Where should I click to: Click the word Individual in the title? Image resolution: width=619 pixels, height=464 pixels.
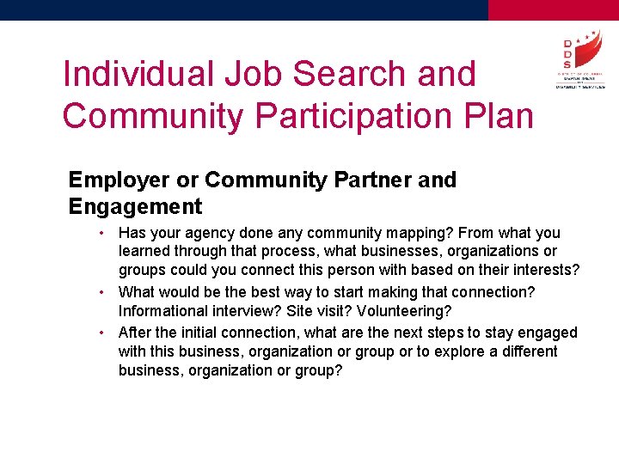pos(138,74)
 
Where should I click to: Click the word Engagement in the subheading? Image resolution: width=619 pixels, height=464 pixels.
pos(135,206)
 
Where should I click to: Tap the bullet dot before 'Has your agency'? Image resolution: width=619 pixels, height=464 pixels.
pos(101,233)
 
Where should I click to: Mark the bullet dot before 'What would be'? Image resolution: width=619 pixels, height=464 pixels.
pos(101,292)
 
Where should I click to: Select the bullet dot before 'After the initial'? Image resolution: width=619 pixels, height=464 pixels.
pos(101,332)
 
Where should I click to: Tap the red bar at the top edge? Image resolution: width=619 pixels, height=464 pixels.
pos(553,9)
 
